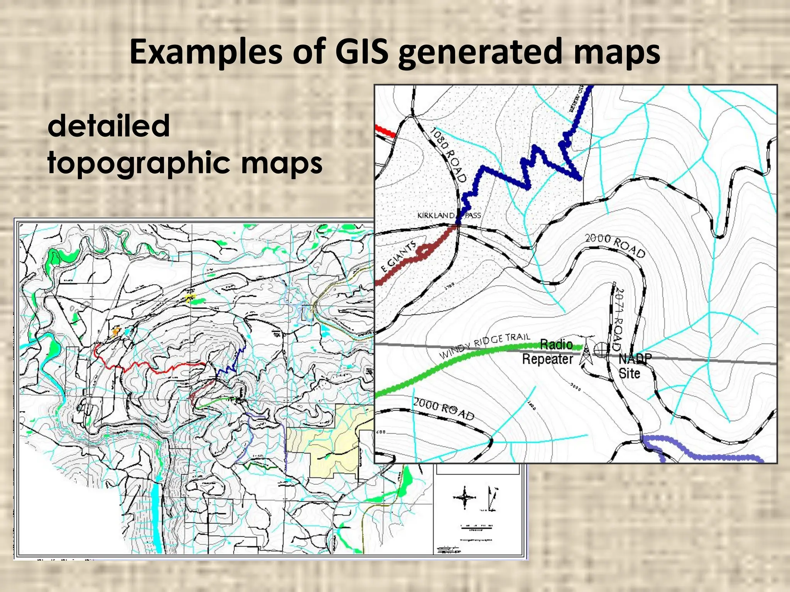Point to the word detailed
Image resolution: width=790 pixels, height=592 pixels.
108,126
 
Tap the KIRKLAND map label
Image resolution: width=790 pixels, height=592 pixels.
436,215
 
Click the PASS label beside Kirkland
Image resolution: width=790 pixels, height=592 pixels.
473,215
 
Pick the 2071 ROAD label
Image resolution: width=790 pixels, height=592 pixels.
618,318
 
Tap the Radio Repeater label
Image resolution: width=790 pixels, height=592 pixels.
548,351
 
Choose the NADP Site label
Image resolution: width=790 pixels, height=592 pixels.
633,366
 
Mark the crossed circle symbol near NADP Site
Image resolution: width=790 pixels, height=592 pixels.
600,350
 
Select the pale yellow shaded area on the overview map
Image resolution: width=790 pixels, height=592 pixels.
332,436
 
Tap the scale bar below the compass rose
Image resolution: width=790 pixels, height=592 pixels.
477,528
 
